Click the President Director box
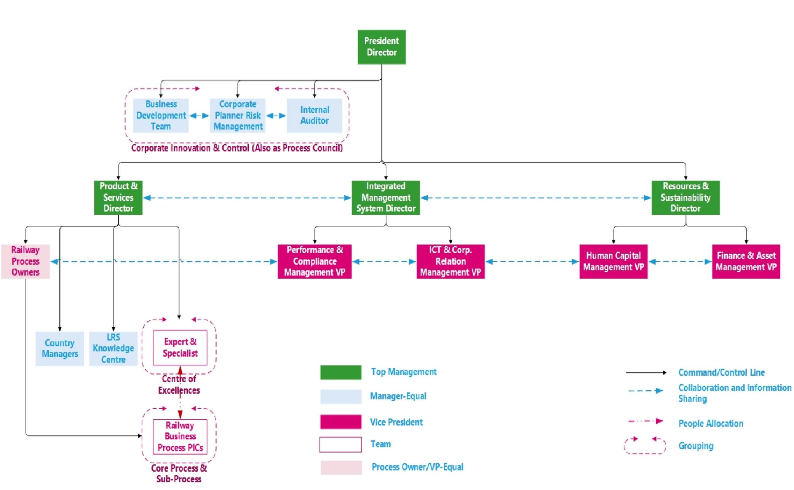pyautogui.click(x=382, y=47)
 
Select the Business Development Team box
pyautogui.click(x=161, y=115)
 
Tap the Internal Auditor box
pyautogui.click(x=314, y=115)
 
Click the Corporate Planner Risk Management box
pyautogui.click(x=238, y=115)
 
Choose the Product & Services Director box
pyautogui.click(x=118, y=198)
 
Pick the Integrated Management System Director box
pyautogui.click(x=385, y=198)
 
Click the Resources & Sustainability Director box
pyautogui.click(x=685, y=198)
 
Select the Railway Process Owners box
pyautogui.click(x=26, y=261)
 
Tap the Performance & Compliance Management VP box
pyautogui.click(x=315, y=261)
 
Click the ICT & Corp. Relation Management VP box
pyautogui.click(x=450, y=261)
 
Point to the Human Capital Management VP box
pyautogui.click(x=613, y=261)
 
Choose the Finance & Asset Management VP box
pyautogui.click(x=746, y=261)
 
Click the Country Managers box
pyautogui.click(x=60, y=348)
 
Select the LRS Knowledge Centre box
pyautogui.click(x=113, y=348)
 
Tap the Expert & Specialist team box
pyautogui.click(x=180, y=348)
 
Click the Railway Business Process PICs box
pyautogui.click(x=180, y=436)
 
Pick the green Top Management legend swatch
pyautogui.click(x=340, y=372)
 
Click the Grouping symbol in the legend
pyautogui.click(x=644, y=445)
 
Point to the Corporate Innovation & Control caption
pyautogui.click(x=237, y=148)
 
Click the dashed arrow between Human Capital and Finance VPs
pyautogui.click(x=680, y=262)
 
